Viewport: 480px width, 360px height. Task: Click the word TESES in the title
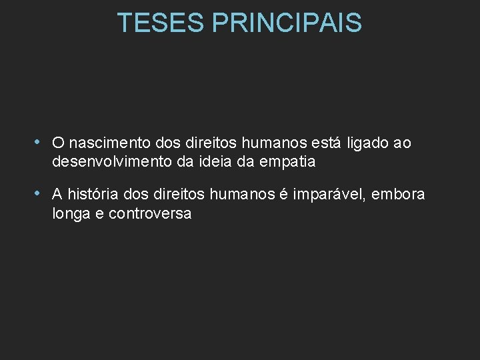click(161, 23)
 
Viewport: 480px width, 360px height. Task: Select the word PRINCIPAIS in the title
click(287, 23)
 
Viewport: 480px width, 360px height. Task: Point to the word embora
click(400, 195)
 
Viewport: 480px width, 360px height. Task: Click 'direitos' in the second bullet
click(181, 195)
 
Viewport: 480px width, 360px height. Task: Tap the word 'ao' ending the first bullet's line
click(402, 143)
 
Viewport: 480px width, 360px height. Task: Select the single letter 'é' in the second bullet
click(283, 195)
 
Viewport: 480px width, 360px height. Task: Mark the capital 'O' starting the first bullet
click(58, 143)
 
